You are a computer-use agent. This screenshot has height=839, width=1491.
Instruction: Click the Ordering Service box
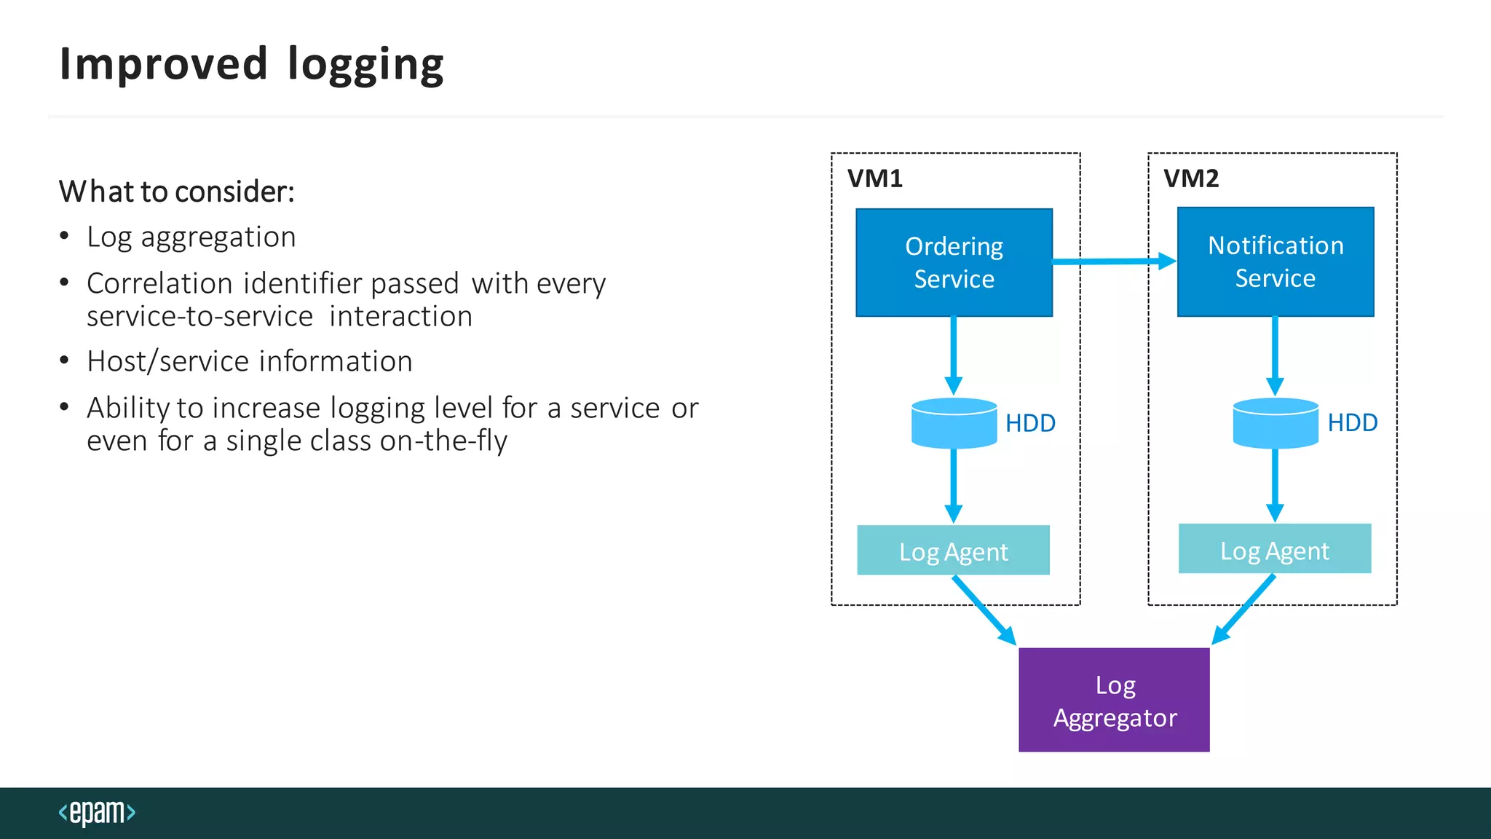tap(954, 262)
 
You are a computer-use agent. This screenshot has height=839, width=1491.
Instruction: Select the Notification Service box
tap(1276, 261)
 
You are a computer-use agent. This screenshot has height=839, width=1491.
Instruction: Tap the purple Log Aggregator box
tap(1114, 700)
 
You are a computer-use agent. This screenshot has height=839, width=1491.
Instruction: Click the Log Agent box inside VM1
tap(953, 551)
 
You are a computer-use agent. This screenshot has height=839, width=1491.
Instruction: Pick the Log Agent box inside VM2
tap(1275, 549)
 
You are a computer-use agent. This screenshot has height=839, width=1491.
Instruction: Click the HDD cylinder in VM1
tap(954, 423)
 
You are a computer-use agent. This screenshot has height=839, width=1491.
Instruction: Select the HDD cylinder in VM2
tap(1276, 423)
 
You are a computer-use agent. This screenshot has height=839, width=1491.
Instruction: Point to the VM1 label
tap(875, 178)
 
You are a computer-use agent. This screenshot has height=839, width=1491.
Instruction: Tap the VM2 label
tap(1191, 178)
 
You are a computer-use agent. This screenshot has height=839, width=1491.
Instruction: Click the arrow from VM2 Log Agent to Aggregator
tap(1243, 610)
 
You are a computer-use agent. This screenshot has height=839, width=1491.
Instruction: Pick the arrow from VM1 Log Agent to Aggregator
tap(984, 610)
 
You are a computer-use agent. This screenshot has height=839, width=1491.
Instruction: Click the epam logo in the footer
tap(97, 812)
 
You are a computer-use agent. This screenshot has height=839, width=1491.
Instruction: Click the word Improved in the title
tap(164, 64)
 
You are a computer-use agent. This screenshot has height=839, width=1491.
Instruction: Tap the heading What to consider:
tap(177, 192)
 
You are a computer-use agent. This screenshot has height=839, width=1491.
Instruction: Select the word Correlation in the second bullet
tap(159, 283)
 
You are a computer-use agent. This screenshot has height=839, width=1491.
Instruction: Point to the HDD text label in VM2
tap(1352, 423)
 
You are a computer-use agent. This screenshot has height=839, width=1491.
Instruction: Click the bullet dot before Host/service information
tap(65, 361)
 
